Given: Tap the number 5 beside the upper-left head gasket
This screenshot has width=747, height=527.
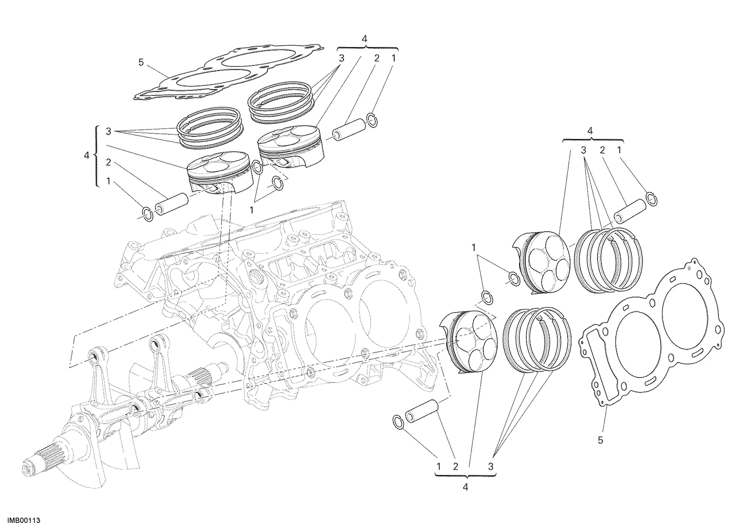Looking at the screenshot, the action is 141,63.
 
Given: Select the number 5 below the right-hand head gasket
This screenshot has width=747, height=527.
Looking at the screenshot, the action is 600,440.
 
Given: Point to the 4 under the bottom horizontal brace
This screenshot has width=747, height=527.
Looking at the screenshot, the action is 465,487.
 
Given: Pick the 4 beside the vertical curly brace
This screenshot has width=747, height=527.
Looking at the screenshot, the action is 87,155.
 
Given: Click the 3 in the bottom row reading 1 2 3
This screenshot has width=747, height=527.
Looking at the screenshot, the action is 491,466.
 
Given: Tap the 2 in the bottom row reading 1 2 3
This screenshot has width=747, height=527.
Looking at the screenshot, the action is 456,466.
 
